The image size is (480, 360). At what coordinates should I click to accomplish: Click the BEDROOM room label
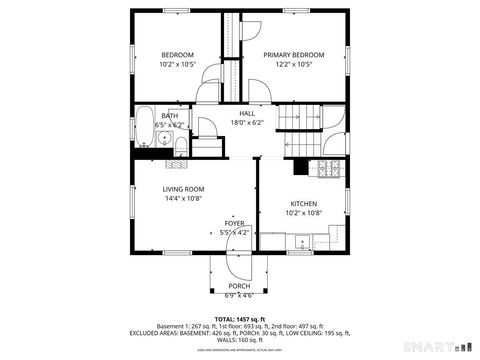pos(177,54)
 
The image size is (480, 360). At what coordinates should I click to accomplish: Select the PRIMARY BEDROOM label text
pos(294,54)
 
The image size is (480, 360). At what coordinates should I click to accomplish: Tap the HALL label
pos(247,114)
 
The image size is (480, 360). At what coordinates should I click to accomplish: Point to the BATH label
pos(170,116)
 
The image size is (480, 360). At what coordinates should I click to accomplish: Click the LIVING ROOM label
pos(183,189)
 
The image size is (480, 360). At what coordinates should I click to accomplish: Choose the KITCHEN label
pos(303,203)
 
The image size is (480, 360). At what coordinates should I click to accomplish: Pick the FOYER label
pos(234,223)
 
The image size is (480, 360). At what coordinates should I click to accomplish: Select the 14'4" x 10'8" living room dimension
pos(183,198)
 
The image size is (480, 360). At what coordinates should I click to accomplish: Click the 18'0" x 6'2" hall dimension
pos(247,123)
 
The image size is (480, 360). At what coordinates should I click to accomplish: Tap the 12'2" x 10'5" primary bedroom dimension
pos(294,64)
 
